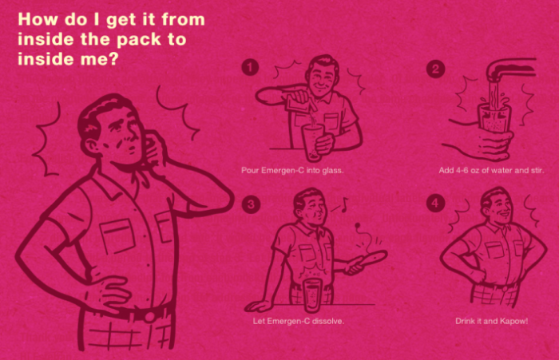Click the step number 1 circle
tap(250, 67)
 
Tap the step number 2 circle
tap(435, 69)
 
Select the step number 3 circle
tap(251, 204)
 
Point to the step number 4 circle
tap(435, 204)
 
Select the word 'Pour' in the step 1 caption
tap(249, 170)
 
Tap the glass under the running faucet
tap(494, 117)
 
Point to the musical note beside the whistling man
tap(343, 204)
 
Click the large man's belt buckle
tap(150, 316)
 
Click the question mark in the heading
tap(113, 58)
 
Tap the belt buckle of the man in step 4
tap(504, 287)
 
